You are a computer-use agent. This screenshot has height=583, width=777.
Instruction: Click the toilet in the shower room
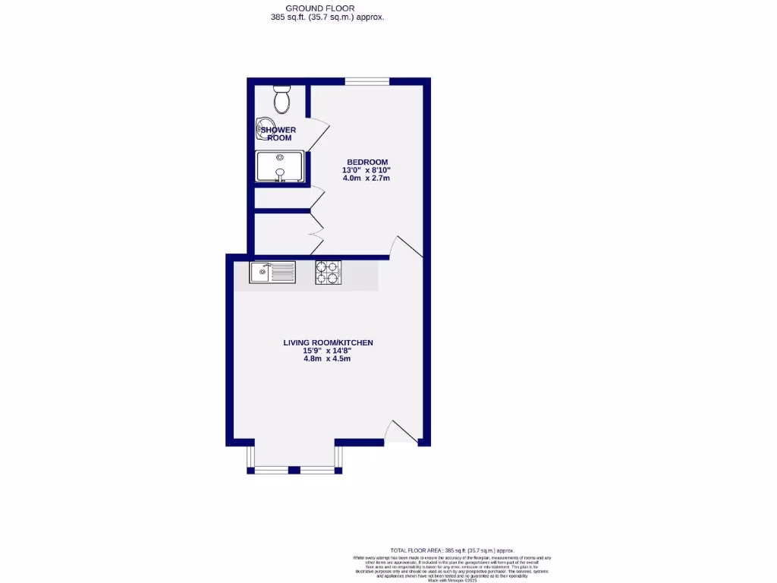point(282,99)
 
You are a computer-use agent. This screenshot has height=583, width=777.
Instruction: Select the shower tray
point(280,166)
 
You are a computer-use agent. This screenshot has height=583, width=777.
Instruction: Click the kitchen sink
point(272,272)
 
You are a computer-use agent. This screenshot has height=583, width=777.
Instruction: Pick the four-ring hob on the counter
point(328,272)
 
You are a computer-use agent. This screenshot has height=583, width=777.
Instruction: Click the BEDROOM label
point(367,162)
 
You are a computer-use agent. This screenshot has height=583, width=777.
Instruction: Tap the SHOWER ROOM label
point(278,134)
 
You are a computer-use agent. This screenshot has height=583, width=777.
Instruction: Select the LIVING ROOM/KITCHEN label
point(328,343)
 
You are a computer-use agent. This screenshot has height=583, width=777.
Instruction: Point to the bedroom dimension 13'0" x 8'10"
point(367,170)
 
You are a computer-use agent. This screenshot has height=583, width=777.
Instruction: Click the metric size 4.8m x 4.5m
point(328,359)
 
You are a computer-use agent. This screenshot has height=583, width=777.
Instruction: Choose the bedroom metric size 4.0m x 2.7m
point(367,178)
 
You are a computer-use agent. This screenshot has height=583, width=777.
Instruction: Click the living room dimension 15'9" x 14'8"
point(328,351)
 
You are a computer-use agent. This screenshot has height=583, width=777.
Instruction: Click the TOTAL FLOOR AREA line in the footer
point(452,550)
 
